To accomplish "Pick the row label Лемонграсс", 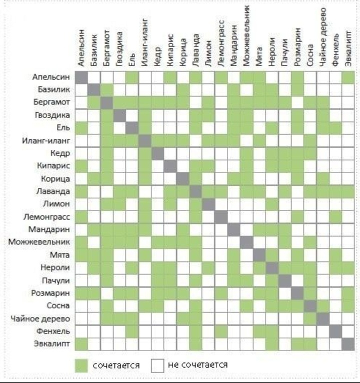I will (x=46, y=217).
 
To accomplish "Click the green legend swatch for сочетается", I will (x=81, y=365).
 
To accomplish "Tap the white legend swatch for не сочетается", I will (x=159, y=365).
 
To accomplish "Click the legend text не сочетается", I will (x=198, y=365).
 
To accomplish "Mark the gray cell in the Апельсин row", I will (x=81, y=78).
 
